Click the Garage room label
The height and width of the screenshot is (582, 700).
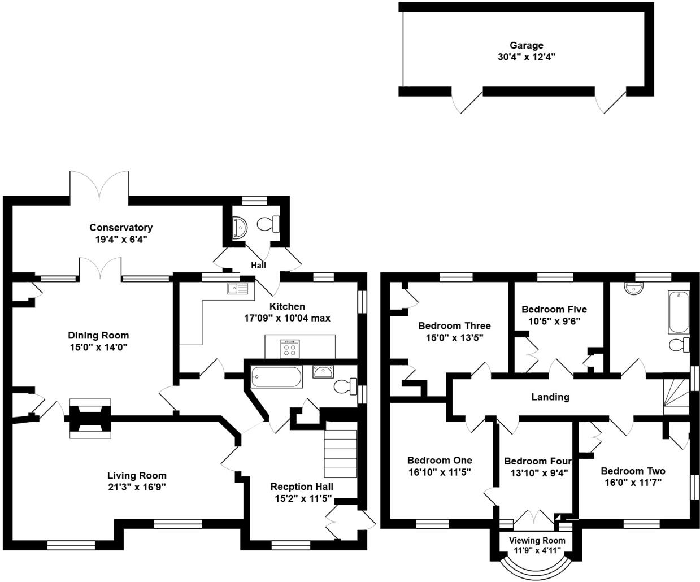click(526, 45)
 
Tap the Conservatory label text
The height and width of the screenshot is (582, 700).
click(121, 228)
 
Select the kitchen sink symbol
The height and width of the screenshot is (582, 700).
click(237, 289)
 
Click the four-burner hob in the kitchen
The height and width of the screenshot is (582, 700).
click(290, 348)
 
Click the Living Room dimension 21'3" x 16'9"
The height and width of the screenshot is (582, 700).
click(137, 487)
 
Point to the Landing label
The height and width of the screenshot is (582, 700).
click(550, 397)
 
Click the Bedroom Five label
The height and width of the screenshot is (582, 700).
click(554, 310)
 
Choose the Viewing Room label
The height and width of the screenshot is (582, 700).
click(537, 540)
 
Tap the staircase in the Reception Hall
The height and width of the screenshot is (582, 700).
click(341, 452)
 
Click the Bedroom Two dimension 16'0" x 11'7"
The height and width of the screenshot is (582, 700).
click(633, 482)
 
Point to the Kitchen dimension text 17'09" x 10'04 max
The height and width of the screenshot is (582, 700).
click(287, 318)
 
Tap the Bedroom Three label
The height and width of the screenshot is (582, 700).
click(454, 326)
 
